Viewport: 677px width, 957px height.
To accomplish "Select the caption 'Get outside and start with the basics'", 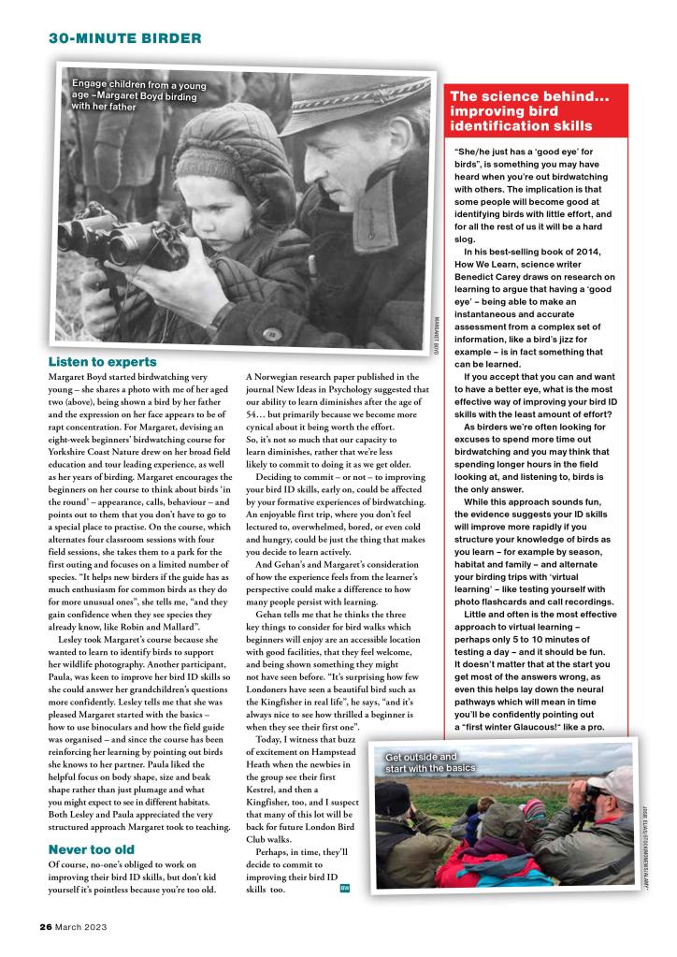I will (430, 762).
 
